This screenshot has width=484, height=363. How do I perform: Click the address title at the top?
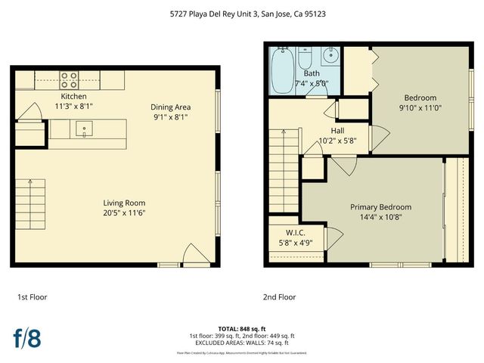241,14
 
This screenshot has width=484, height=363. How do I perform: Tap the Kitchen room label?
73,97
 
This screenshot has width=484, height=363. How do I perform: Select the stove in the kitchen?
70,79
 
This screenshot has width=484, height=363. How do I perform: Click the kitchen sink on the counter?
82,129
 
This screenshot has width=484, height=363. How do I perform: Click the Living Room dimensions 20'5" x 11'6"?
124,213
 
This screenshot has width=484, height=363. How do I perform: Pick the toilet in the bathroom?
306,58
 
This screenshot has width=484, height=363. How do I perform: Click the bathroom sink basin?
330,56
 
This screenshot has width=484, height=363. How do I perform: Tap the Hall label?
337,130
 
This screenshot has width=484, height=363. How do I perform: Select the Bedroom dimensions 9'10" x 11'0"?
420,108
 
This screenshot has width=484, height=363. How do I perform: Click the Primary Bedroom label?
380,207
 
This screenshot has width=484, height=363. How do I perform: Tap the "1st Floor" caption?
31,297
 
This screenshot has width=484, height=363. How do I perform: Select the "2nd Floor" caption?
279,297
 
